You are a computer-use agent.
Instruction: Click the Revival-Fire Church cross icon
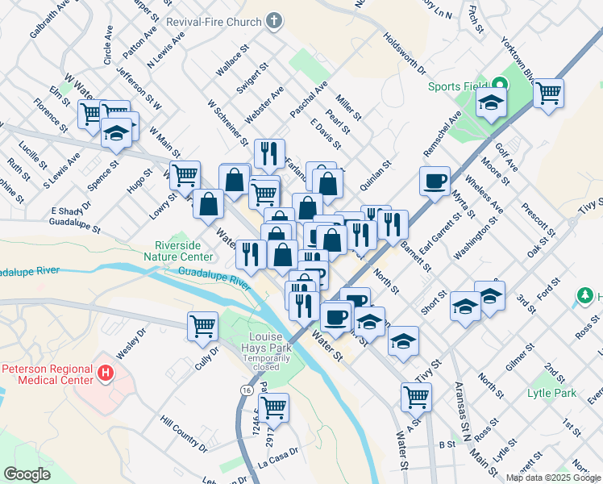point(274,21)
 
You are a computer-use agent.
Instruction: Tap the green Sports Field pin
point(499,83)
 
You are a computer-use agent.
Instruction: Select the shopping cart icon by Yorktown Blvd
point(548,93)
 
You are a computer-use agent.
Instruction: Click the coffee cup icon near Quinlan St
point(435,181)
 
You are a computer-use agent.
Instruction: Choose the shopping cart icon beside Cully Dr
point(202,326)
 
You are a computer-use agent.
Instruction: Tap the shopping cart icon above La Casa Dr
point(273,408)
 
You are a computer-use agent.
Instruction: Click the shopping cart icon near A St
point(416,396)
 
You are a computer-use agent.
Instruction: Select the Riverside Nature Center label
point(185,251)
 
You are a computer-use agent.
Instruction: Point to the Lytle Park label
point(551,393)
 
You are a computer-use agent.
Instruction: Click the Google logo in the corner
point(27,474)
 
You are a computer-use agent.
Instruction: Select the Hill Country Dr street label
point(184,432)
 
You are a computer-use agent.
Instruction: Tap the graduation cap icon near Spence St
point(116,131)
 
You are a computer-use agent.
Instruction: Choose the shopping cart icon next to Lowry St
point(185,173)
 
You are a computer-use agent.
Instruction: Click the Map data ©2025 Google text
point(552,478)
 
